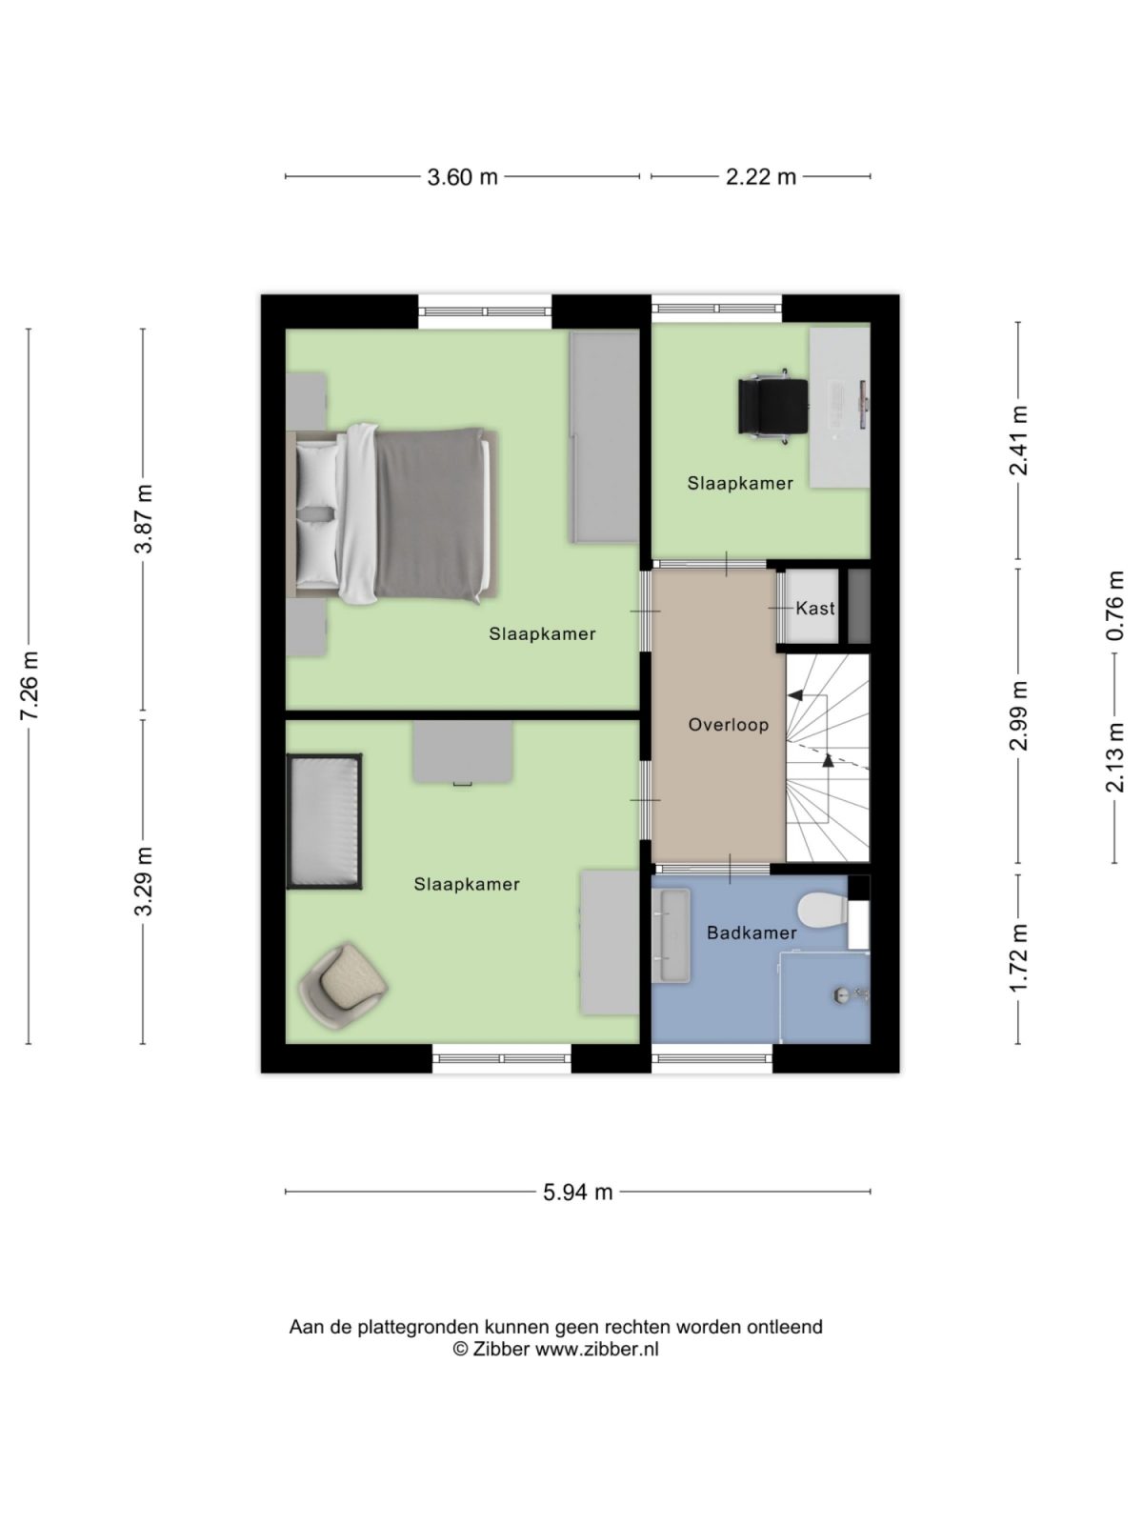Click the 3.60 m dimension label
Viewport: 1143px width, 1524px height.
click(462, 177)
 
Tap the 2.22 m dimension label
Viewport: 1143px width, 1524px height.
click(760, 177)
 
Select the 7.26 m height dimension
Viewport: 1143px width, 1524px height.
click(30, 686)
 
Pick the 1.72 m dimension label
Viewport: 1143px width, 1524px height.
click(1019, 957)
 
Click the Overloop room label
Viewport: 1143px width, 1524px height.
click(728, 725)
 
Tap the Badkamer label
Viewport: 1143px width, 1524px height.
click(751, 932)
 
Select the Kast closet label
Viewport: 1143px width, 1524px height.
click(814, 608)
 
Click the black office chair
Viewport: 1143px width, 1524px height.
click(773, 405)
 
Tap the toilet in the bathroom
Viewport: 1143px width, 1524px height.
click(823, 911)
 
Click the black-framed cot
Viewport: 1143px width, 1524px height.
click(325, 821)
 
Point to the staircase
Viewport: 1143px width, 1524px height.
click(827, 757)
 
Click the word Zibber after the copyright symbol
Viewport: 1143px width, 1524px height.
click(501, 1349)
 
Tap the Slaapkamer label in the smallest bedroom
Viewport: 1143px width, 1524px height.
click(740, 484)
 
